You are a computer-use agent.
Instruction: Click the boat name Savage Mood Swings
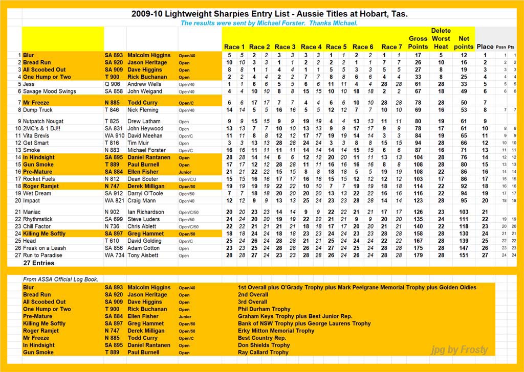pyautogui.click(x=49, y=91)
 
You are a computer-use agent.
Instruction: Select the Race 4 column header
pyautogui.click(x=312, y=47)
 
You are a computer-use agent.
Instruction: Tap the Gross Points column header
pyautogui.click(x=418, y=42)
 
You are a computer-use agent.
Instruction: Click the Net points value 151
pyautogui.click(x=464, y=255)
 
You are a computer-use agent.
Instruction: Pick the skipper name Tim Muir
pyautogui.click(x=139, y=143)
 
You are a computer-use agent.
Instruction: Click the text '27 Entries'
pyautogui.click(x=39, y=263)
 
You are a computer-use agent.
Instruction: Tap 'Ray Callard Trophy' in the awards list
pyautogui.click(x=264, y=353)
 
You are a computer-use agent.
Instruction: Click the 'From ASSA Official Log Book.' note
pyautogui.click(x=60, y=280)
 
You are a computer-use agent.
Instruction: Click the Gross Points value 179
pyautogui.click(x=418, y=255)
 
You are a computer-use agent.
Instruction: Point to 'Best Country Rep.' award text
pyautogui.click(x=261, y=338)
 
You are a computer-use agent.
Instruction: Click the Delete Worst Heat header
pyautogui.click(x=441, y=38)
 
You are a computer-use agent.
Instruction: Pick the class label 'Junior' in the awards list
pyautogui.click(x=184, y=317)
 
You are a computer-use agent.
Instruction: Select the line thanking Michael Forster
pyautogui.click(x=269, y=24)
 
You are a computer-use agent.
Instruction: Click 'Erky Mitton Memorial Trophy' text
pyautogui.click(x=276, y=331)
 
